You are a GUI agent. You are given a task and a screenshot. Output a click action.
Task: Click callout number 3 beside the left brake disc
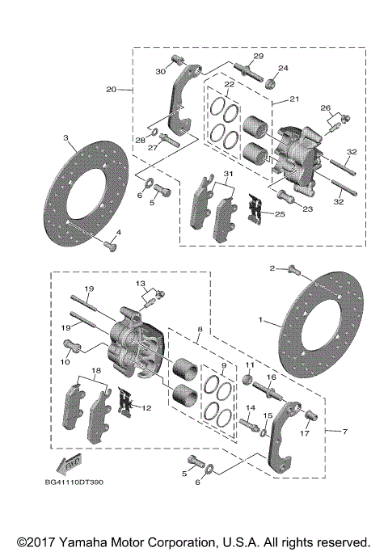(65, 138)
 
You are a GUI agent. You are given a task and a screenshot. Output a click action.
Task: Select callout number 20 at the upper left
(111, 89)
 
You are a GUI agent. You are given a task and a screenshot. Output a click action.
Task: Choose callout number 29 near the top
(258, 56)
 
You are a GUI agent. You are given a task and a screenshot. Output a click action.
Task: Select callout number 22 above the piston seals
(230, 84)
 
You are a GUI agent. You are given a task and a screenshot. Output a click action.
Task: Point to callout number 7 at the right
(346, 432)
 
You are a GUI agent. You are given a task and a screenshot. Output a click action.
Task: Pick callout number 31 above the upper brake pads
(229, 175)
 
